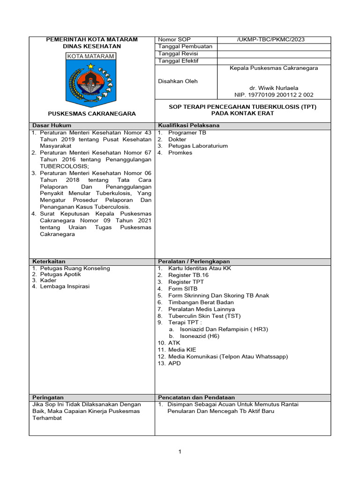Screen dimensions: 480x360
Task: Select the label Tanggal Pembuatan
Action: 185,46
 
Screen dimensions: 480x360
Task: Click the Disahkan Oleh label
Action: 178,81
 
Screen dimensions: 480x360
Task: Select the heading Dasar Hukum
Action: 52,126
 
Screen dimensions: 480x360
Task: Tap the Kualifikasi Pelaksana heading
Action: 189,126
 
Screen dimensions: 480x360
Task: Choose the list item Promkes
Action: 180,153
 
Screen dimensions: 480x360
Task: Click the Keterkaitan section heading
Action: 49,261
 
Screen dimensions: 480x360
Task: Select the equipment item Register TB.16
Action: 188,275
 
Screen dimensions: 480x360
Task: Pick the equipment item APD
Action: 174,363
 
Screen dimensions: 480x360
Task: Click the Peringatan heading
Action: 48,397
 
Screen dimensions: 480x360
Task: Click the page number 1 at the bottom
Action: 180,452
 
